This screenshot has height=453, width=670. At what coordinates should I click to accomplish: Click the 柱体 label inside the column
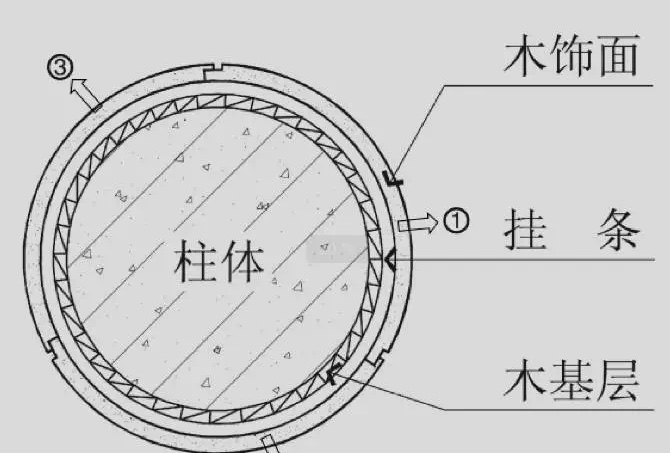click(219, 262)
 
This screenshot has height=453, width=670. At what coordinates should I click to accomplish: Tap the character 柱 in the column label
click(194, 262)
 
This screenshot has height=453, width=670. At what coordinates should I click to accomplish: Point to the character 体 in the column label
click(244, 262)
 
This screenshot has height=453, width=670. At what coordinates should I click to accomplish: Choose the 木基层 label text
click(571, 383)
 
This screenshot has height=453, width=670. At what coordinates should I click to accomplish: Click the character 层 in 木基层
click(618, 383)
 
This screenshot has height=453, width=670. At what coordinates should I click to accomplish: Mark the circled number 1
click(455, 221)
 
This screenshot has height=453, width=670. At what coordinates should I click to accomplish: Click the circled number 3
click(61, 69)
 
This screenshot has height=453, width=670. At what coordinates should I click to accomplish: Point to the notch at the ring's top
click(209, 69)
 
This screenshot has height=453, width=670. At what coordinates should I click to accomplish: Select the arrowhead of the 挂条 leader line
click(388, 259)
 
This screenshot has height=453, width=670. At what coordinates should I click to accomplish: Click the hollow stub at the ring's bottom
click(268, 443)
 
